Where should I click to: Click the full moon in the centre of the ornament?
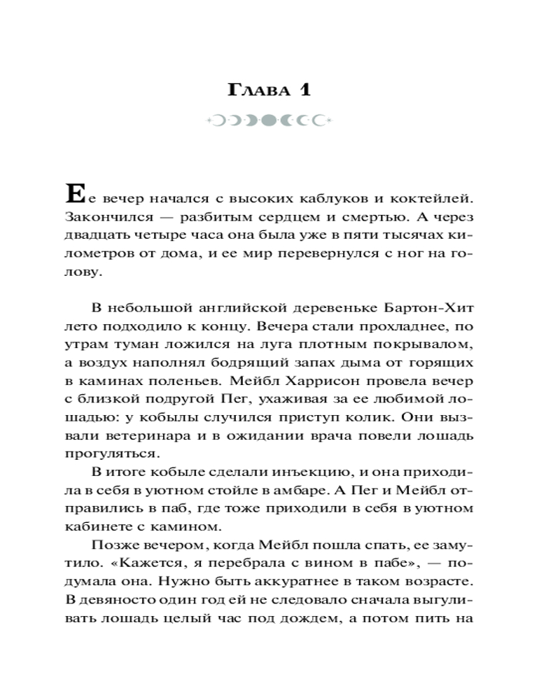271,121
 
